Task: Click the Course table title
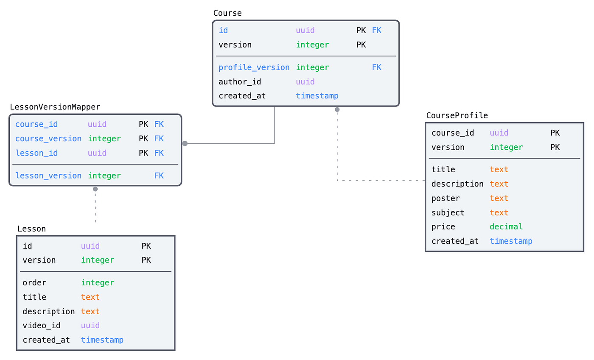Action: coord(227,13)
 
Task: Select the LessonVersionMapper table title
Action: coord(55,107)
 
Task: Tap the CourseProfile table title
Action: coord(457,115)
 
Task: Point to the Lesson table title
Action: coord(31,229)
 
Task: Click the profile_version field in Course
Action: coord(254,67)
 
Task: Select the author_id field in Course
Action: coord(240,82)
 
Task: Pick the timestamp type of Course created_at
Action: coord(317,96)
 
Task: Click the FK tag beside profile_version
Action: coord(376,67)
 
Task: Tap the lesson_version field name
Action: coord(48,176)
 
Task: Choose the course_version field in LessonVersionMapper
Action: coord(48,139)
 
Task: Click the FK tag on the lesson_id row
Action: coord(159,153)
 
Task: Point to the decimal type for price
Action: coord(506,227)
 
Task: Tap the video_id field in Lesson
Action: coord(42,326)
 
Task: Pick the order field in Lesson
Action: coord(34,283)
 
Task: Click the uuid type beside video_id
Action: coord(90,326)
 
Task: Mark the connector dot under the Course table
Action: coord(337,109)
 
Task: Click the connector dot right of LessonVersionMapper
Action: coord(185,143)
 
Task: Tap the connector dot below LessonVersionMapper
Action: coord(95,189)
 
